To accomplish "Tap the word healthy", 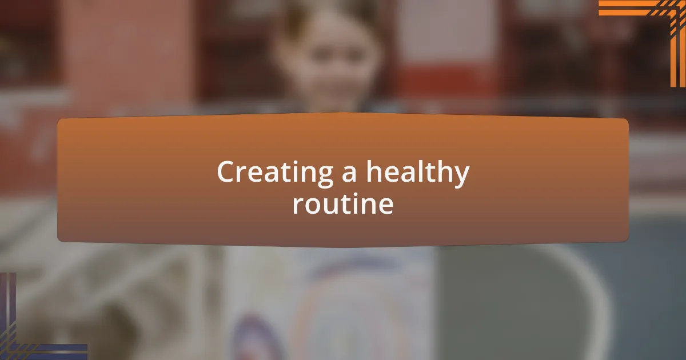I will click(x=418, y=173).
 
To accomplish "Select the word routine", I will click(x=343, y=204).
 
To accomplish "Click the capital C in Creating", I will click(x=226, y=173).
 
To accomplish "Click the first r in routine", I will click(x=297, y=206).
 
